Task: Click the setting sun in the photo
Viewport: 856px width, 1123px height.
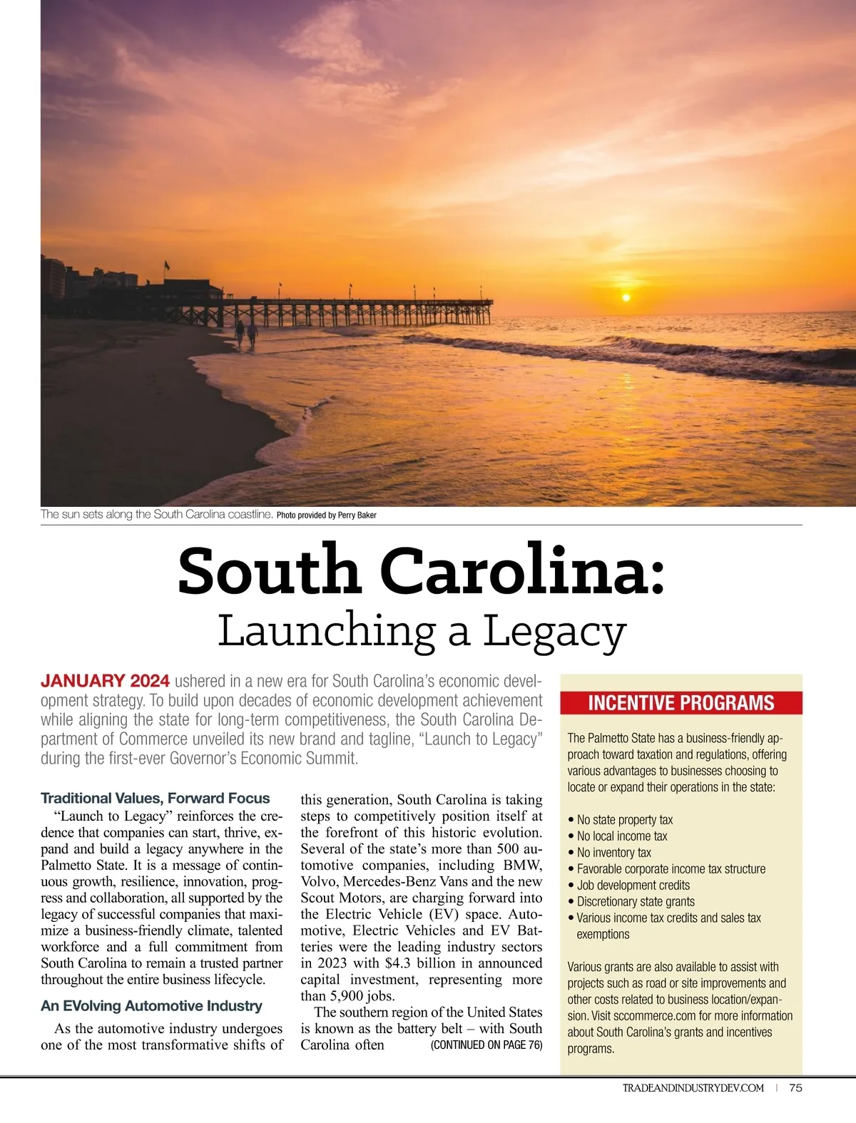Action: [626, 297]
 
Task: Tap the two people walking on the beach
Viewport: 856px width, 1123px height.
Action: [246, 334]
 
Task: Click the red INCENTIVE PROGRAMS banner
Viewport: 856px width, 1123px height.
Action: [681, 703]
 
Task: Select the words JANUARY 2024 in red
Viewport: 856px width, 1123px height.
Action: [105, 682]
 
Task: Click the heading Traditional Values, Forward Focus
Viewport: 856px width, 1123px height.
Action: [155, 798]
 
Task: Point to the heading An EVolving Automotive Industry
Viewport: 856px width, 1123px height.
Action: [151, 1005]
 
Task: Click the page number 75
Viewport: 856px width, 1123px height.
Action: [795, 1087]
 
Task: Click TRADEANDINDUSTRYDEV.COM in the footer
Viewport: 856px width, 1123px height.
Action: [693, 1087]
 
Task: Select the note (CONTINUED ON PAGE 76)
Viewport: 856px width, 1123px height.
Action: [486, 1045]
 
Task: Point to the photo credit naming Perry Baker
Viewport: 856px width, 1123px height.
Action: [326, 515]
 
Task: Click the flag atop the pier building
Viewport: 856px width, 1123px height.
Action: [167, 265]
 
